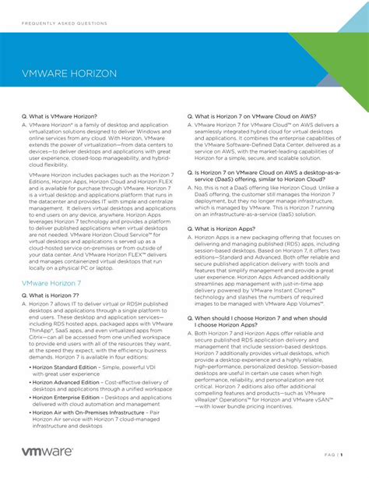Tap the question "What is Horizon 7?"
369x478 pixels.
click(x=54, y=296)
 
